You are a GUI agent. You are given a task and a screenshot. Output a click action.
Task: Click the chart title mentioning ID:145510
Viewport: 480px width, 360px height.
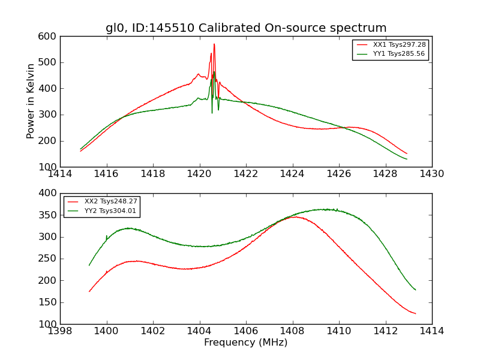[x=246, y=28]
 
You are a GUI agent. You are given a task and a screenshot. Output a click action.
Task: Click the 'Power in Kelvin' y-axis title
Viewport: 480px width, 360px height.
[x=31, y=101]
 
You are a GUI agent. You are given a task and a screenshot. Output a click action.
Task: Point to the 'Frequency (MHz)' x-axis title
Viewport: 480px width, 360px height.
[x=246, y=343]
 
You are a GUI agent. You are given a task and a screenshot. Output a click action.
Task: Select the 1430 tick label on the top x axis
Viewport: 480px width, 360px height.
[x=431, y=174]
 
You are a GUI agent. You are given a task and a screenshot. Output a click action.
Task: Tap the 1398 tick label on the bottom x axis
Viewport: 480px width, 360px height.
[x=60, y=331]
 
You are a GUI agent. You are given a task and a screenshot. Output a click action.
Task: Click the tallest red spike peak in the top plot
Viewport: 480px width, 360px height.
[x=214, y=44]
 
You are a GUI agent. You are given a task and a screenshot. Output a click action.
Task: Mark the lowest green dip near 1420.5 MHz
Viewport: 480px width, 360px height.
[x=212, y=113]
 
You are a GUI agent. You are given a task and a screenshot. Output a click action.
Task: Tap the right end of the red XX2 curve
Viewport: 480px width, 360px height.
[x=415, y=313]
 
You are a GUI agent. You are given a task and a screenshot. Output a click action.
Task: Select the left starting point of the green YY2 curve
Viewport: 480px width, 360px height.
[x=89, y=265]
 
